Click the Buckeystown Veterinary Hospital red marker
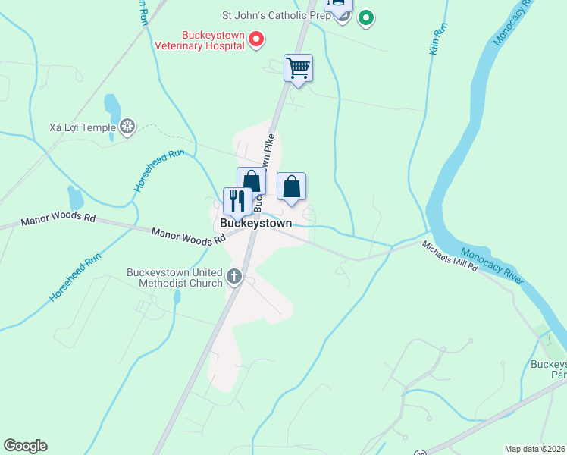pos(256,38)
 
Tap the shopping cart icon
pos(298,68)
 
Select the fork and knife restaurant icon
pos(237,201)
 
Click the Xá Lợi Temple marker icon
pos(128,127)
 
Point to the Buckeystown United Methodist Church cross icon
pos(234,277)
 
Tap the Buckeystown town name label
pos(255,224)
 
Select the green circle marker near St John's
pos(366,17)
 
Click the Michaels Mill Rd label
pos(450,257)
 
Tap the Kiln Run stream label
pos(437,42)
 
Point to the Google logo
pos(25,446)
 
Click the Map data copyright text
pos(534,449)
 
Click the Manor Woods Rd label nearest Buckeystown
pos(188,237)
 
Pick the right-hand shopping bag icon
pos(291,187)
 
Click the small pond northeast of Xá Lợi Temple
pos(112,106)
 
